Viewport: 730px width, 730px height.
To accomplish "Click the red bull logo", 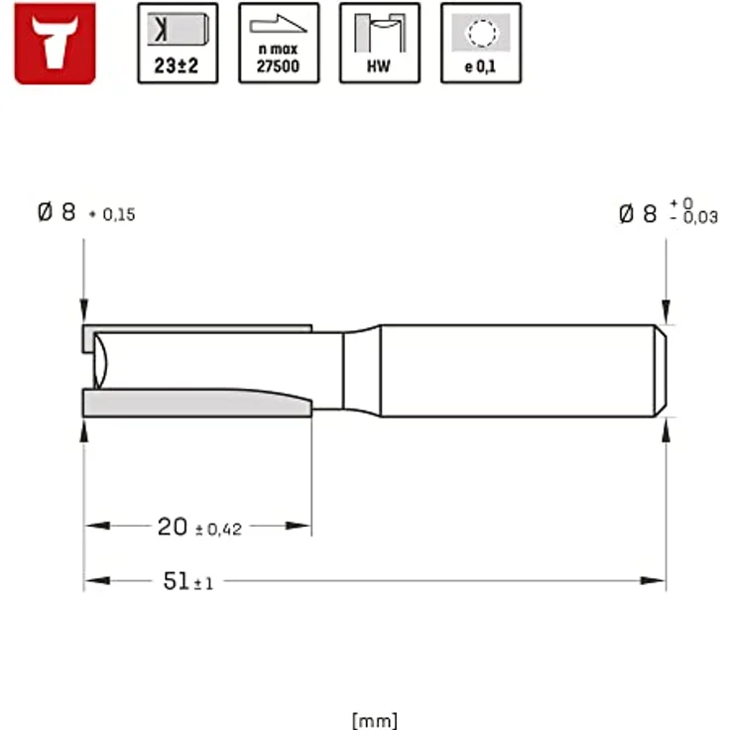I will (x=55, y=43).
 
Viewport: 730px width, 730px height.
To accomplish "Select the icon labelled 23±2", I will (x=178, y=43).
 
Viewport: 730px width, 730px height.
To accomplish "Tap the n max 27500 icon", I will (x=279, y=43).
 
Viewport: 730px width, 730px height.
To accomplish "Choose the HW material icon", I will (x=380, y=43).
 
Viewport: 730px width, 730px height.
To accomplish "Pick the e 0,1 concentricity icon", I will (x=481, y=43).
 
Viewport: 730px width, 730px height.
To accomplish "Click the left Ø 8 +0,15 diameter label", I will (x=86, y=213).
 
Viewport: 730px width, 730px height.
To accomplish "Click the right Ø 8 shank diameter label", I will (x=667, y=213).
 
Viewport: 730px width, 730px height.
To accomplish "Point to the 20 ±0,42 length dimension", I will (x=199, y=528).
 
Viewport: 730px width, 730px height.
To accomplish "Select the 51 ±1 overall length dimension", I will (x=187, y=582).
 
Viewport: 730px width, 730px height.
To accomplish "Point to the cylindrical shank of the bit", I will (x=516, y=370).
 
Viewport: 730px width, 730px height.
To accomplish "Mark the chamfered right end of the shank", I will (x=659, y=370).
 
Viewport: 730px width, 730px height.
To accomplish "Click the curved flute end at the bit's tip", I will (x=97, y=363).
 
